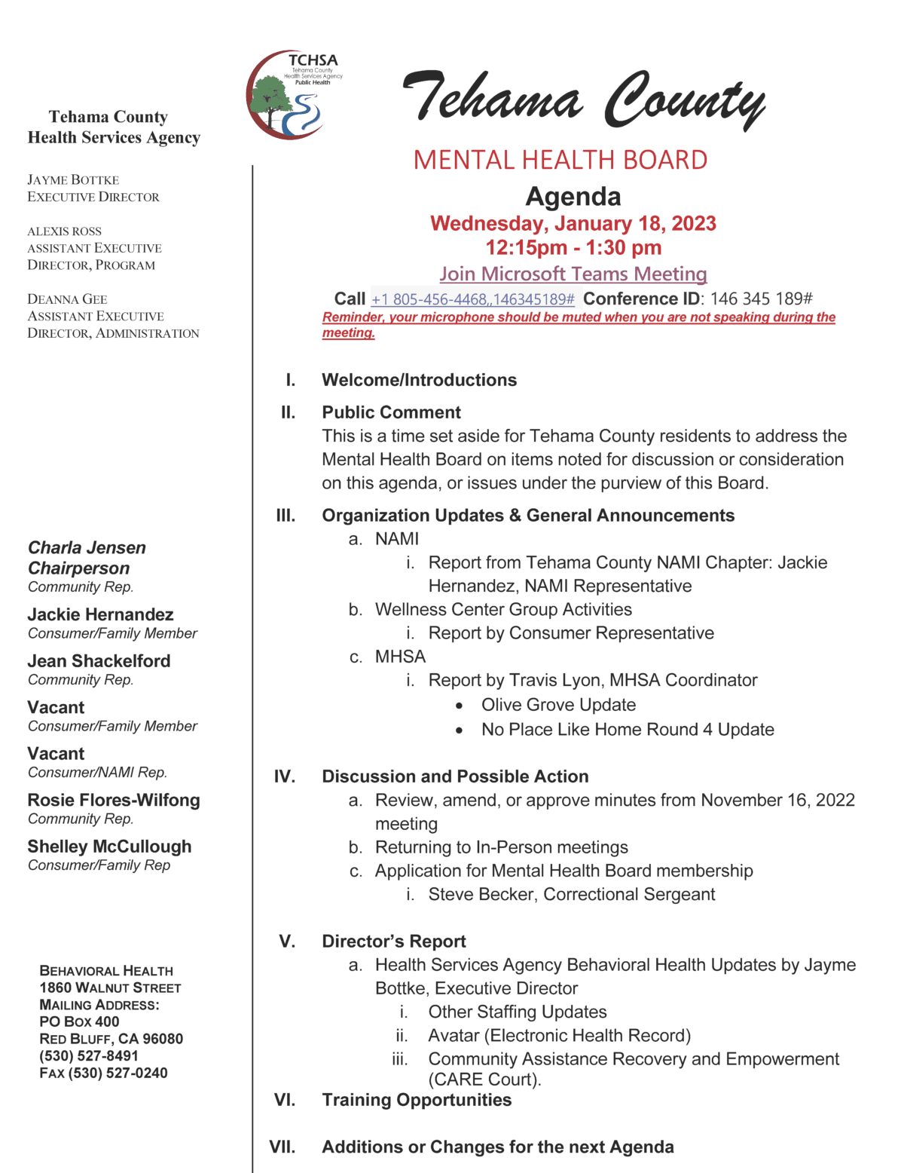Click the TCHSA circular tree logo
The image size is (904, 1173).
[286, 96]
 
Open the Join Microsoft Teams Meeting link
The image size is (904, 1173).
[573, 274]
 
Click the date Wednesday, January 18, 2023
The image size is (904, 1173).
[573, 224]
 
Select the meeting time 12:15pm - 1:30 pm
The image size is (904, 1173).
[573, 247]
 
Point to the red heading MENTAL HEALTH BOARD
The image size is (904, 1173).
[560, 160]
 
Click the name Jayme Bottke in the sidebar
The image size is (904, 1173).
[73, 180]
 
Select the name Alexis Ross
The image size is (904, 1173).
[64, 231]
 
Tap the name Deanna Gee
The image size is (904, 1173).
[67, 299]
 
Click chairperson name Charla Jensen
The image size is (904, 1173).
[87, 548]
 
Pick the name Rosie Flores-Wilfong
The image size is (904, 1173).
[114, 800]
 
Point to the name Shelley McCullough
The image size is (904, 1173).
[109, 847]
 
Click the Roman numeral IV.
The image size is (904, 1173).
[284, 776]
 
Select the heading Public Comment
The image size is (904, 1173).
[391, 412]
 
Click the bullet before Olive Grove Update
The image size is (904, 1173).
[459, 706]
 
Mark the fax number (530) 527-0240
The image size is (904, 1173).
[118, 1073]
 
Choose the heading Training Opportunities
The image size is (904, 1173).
[417, 1100]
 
